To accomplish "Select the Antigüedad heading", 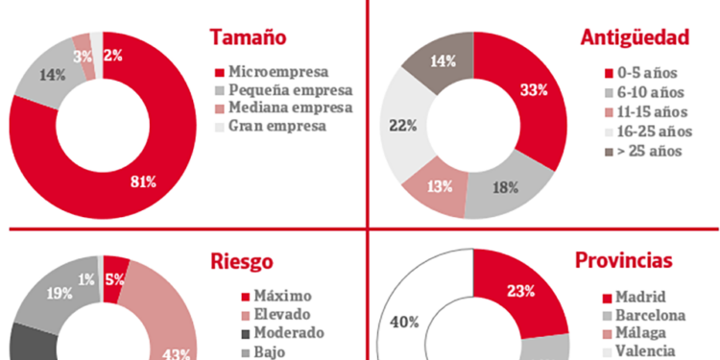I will (x=636, y=37).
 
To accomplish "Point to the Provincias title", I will (x=629, y=261).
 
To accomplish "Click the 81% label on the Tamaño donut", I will (x=143, y=181).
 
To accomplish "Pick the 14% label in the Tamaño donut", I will (x=53, y=74).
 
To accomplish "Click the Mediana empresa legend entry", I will (x=282, y=108).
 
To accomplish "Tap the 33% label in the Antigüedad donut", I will (x=534, y=90).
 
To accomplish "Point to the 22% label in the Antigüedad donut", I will (x=403, y=126).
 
